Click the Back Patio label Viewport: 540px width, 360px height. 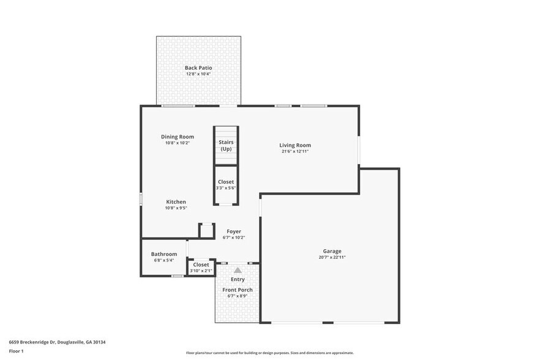tap(198, 67)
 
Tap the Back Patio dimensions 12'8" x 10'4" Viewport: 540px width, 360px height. tap(198, 74)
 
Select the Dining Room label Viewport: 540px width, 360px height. tap(178, 137)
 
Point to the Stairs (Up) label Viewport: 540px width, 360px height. tap(226, 145)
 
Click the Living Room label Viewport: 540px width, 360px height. tap(295, 145)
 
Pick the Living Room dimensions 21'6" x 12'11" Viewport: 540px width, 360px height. tap(295, 151)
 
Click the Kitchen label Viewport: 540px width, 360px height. tap(176, 201)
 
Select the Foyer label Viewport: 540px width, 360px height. tap(234, 231)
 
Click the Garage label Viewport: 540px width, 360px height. tap(332, 251)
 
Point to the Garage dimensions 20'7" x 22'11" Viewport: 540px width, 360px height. tap(332, 257)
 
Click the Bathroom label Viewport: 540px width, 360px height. tap(164, 254)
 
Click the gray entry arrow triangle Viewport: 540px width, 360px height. tap(238, 269)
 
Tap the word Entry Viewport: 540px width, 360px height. tap(238, 279)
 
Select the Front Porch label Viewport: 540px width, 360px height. tap(238, 290)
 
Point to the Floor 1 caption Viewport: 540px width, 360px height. tap(16, 351)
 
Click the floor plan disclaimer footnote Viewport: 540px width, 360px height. tap(269, 353)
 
